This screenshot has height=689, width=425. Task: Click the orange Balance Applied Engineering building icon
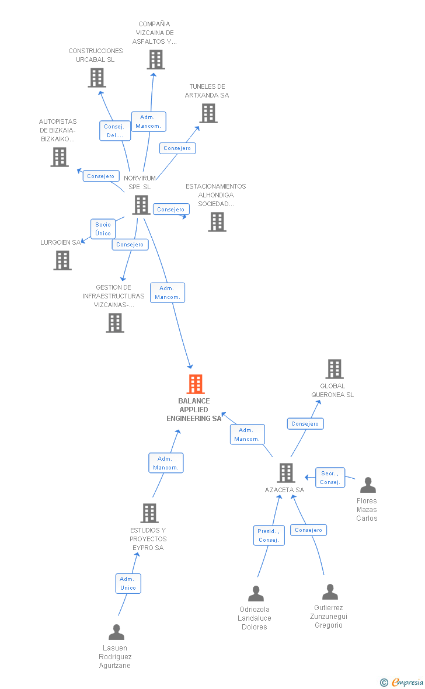(x=196, y=384)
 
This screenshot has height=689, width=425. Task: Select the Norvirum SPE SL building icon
(x=141, y=205)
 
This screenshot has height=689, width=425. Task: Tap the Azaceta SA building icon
(x=285, y=473)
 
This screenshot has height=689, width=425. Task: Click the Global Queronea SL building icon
(x=334, y=369)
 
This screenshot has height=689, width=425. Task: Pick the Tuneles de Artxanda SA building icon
(x=208, y=113)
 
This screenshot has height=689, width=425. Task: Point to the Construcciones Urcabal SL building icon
(x=97, y=78)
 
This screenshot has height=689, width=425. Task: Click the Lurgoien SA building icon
(x=62, y=260)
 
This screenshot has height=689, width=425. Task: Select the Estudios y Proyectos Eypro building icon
(x=149, y=513)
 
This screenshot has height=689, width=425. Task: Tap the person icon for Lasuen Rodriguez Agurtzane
(x=116, y=632)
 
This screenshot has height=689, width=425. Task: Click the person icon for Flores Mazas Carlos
(x=368, y=485)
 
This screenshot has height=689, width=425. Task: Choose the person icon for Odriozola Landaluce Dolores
(x=256, y=594)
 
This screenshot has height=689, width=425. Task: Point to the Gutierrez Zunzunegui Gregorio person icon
(x=330, y=592)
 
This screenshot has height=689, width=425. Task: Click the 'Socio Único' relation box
(x=103, y=229)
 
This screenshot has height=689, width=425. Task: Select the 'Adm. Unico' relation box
(x=128, y=583)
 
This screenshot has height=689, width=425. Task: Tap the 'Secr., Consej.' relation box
(x=330, y=478)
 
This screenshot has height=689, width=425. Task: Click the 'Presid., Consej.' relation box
(x=269, y=535)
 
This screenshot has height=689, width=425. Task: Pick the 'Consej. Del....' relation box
(x=114, y=131)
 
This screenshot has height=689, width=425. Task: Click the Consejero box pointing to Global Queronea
(x=305, y=424)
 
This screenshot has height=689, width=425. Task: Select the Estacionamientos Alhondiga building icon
(x=217, y=222)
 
